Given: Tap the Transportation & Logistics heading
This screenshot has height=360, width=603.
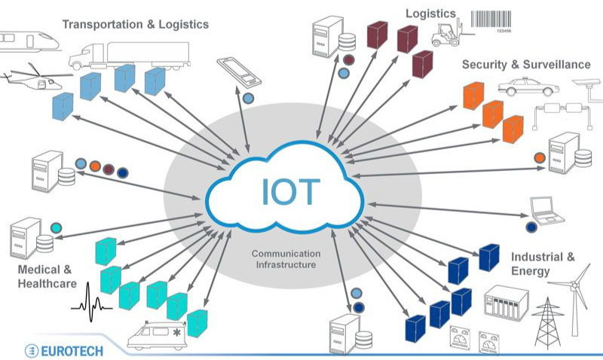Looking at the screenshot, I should pyautogui.click(x=135, y=24).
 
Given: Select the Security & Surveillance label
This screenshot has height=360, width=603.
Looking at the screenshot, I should pyautogui.click(x=526, y=65).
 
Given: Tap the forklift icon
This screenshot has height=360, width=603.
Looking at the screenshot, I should pyautogui.click(x=447, y=33).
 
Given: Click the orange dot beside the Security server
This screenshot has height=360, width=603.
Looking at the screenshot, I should pyautogui.click(x=539, y=158).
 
